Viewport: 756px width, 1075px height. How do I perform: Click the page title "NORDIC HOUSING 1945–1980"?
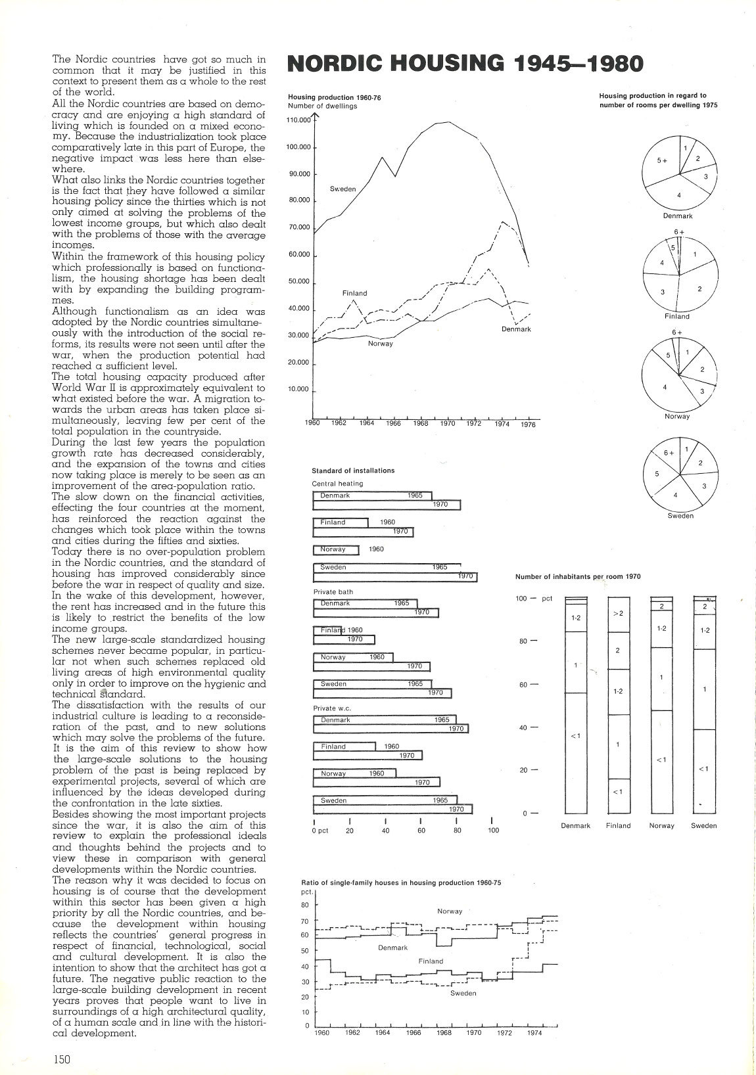(465, 63)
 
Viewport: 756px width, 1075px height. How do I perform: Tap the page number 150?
(62, 1057)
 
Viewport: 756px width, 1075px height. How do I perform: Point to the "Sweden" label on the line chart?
(343, 189)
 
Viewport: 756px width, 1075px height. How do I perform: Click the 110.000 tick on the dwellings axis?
(298, 120)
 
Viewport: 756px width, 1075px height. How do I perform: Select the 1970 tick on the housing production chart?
(447, 424)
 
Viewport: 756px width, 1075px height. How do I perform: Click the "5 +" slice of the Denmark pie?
(661, 160)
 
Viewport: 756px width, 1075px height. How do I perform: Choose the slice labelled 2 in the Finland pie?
(699, 288)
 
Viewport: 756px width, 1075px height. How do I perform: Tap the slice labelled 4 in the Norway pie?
(665, 387)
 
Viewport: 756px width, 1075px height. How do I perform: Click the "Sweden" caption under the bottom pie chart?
(680, 516)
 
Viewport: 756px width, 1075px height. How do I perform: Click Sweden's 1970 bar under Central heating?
(394, 577)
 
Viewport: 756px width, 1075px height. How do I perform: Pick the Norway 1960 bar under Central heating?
(336, 550)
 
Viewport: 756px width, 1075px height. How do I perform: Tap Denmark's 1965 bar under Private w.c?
(385, 720)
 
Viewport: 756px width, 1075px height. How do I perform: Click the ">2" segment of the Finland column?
(618, 613)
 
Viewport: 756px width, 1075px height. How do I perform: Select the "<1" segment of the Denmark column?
(575, 736)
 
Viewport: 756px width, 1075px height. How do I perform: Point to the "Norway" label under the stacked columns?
(661, 826)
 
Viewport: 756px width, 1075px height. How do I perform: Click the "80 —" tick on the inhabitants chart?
(529, 641)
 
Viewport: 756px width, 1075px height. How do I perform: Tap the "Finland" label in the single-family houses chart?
(431, 961)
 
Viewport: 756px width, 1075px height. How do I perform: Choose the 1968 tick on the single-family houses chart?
(444, 1032)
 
